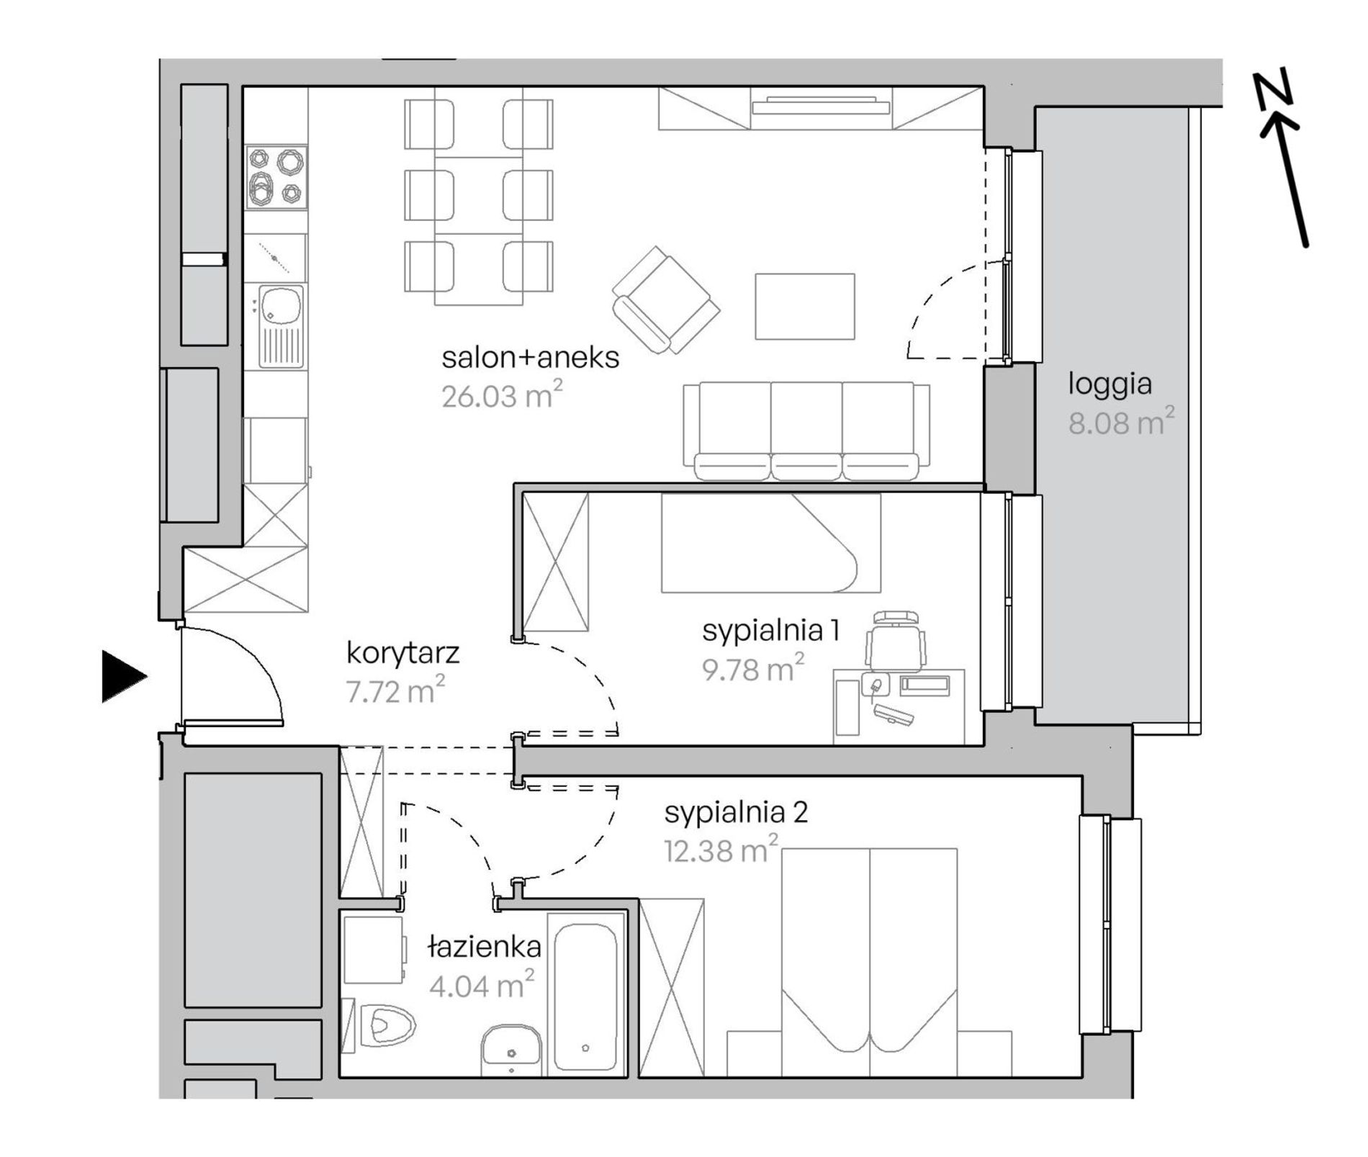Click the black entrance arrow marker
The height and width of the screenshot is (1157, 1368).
(x=124, y=676)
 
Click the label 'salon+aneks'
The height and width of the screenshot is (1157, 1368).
(x=531, y=358)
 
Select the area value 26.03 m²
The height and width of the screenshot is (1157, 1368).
(x=502, y=395)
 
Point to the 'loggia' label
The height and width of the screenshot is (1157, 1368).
(x=1110, y=385)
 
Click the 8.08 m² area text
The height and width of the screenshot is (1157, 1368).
(x=1121, y=422)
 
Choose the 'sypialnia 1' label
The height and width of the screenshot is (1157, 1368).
(x=771, y=631)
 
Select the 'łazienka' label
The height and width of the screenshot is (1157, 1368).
(x=484, y=947)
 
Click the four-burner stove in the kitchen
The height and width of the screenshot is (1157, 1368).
(x=276, y=177)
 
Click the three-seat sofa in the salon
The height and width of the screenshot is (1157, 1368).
(x=806, y=431)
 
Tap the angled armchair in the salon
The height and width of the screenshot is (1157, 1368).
(x=666, y=300)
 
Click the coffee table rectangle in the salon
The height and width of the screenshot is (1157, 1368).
(x=805, y=306)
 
